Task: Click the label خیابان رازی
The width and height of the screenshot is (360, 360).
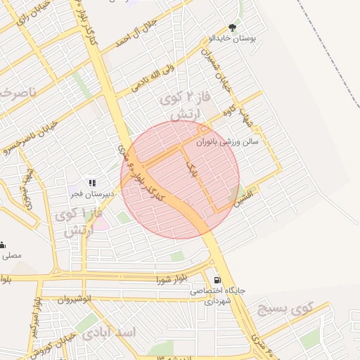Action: [20, 20]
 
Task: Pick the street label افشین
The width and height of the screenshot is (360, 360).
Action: [245, 202]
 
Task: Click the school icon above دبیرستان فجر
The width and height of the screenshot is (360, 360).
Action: [91, 183]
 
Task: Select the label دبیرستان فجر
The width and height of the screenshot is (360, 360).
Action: [86, 192]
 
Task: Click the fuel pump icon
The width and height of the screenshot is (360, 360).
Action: [216, 278]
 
